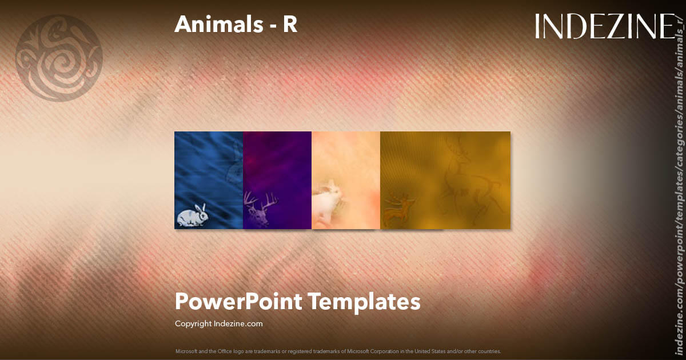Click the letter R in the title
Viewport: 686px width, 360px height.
pos(290,25)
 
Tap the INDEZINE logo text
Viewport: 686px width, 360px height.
pos(605,26)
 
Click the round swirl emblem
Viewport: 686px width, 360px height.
pos(59,58)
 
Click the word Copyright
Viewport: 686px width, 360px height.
pos(193,324)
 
